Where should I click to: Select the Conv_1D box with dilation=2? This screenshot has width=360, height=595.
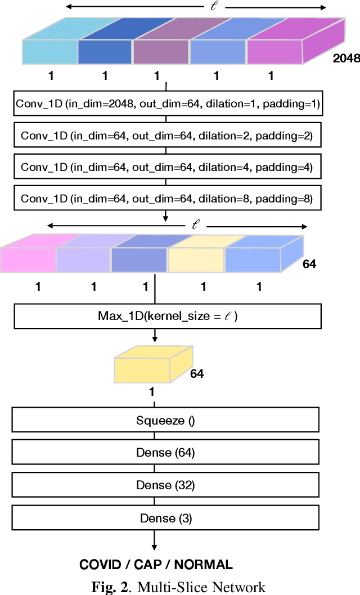pos(166,136)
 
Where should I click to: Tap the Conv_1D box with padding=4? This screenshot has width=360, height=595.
pos(166,167)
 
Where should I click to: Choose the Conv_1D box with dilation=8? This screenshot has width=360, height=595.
pos(166,199)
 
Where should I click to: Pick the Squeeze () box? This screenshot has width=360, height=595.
pos(165,420)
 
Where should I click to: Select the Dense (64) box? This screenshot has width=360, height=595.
pos(165,453)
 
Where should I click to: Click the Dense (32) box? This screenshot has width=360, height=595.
pos(165,485)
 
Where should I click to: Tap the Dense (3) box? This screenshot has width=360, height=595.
pos(165,518)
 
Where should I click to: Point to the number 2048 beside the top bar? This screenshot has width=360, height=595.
pos(346,58)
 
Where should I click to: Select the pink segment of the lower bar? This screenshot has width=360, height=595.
pos(28,259)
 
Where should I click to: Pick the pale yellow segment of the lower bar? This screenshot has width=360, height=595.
pos(196,259)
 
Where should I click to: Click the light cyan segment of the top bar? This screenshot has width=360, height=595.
pos(49,51)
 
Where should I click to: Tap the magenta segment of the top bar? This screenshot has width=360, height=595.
pos(275,51)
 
